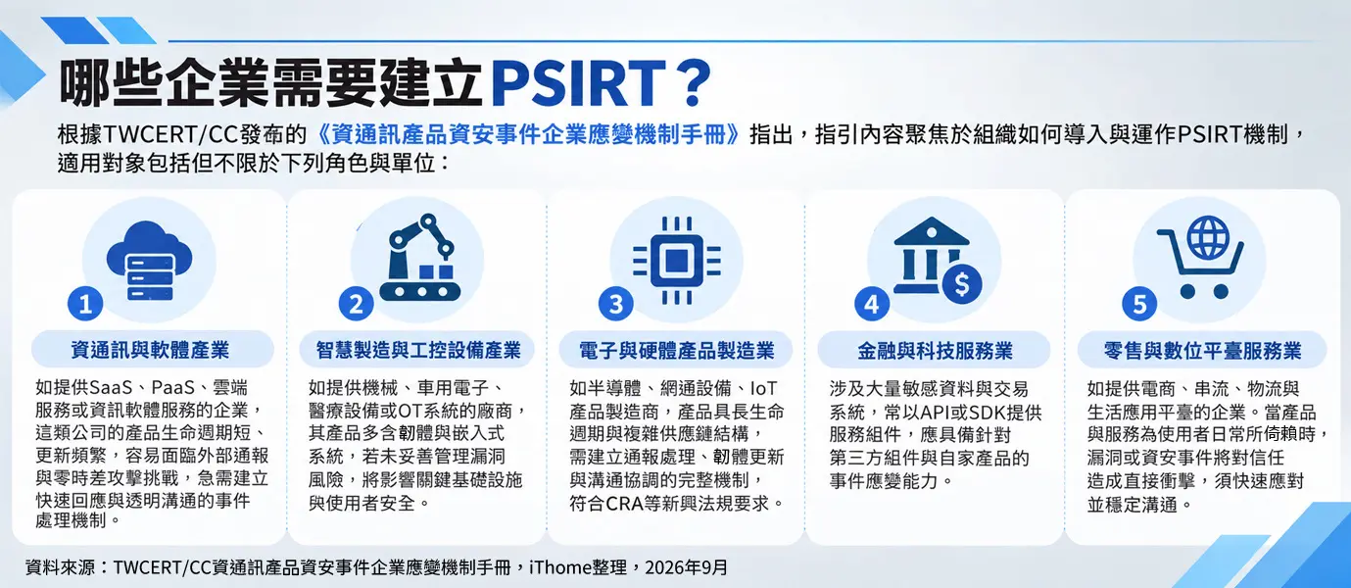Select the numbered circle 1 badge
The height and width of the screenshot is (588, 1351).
pos(85,304)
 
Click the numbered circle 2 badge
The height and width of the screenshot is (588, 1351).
pos(356,304)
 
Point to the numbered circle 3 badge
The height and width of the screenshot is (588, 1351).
pos(616,304)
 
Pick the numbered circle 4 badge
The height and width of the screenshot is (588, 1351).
pos(872,304)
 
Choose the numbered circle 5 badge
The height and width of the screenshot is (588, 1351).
pos(1139,304)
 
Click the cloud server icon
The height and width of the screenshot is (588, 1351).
pos(150,261)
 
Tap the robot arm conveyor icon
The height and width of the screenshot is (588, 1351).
pos(420,258)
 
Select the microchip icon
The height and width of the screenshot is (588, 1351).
pos(677,261)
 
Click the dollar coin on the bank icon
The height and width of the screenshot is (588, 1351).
pos(962,283)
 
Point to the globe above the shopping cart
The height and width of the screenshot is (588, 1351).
pos(1208,237)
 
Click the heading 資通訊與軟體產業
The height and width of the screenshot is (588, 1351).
pos(150,350)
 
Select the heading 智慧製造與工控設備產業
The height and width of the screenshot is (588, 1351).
pos(418,350)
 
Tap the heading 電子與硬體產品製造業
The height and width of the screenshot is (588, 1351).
pos(677,351)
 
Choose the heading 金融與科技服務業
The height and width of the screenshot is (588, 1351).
pos(935,351)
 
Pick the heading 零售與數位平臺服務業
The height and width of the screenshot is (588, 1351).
pos(1203,351)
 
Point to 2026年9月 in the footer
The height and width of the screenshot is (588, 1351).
pos(687,567)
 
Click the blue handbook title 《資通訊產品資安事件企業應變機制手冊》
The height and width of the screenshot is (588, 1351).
pos(527,134)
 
